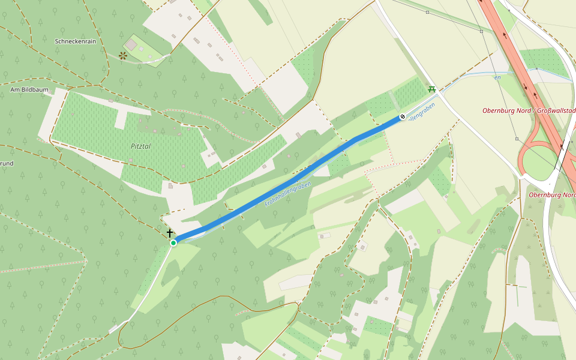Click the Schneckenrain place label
[75, 41]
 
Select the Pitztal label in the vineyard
[141, 146]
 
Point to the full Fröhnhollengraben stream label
[287, 195]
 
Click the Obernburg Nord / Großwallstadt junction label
[529, 110]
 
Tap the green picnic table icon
[431, 89]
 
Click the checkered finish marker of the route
[403, 116]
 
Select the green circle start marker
[173, 242]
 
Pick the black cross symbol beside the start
[170, 233]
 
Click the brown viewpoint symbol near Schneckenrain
[123, 56]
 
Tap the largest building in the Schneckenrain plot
[131, 45]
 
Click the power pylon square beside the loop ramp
[517, 139]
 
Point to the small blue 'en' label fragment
[497, 77]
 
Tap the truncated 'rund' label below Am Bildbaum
[7, 163]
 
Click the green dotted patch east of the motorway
[542, 62]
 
